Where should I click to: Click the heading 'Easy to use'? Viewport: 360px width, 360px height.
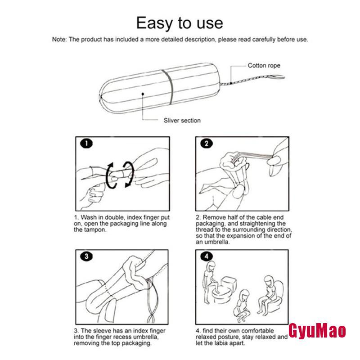coord(180,23)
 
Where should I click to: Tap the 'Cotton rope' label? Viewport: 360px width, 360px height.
coord(264,65)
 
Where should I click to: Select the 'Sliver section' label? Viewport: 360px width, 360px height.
coord(182,120)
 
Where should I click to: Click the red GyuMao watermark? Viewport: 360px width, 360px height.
coord(317,331)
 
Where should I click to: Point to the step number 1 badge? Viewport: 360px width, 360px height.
coord(86,144)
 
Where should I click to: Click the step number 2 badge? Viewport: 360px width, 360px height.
coord(207,144)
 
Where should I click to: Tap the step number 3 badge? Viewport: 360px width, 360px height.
coord(86,256)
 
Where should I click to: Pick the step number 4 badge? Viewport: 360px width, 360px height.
coord(207,256)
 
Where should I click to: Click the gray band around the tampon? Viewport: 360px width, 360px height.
coord(168,87)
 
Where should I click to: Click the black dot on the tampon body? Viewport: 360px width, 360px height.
coord(143,94)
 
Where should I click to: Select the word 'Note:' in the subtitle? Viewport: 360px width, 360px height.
coord(59,40)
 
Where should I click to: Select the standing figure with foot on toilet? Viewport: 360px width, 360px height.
coord(211,282)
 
